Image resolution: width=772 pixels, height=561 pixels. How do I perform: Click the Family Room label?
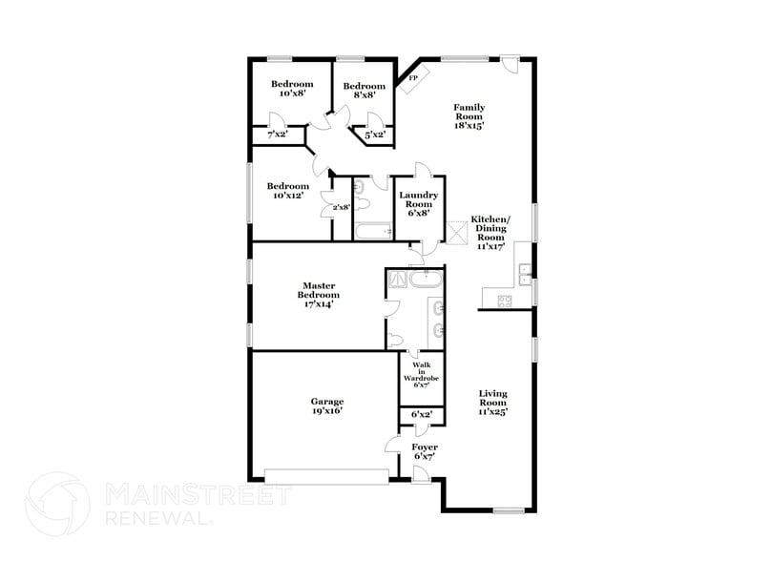[x=469, y=116]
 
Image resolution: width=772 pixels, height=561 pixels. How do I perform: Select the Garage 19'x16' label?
[x=326, y=406]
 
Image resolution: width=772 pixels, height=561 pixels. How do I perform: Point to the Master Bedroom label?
[x=321, y=295]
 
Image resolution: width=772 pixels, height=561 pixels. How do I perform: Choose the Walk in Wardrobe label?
[x=421, y=376]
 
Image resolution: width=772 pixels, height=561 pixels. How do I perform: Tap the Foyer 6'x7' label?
[x=424, y=452]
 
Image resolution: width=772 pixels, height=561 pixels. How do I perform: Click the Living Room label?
[x=492, y=403]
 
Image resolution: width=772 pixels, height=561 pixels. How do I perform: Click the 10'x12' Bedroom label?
[x=287, y=192]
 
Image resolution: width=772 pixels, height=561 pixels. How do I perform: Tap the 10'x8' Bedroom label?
[x=291, y=89]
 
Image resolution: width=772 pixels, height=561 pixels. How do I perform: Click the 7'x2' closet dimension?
[x=277, y=135]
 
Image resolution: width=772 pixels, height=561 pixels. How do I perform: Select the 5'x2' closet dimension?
[x=375, y=135]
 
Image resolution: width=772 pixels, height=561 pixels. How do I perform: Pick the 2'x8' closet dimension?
[x=340, y=207]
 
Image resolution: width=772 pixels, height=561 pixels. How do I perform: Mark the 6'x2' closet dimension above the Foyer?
[x=421, y=415]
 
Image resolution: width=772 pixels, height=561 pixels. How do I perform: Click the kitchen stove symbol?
[x=503, y=301]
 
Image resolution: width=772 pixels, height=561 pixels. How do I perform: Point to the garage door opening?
[x=326, y=474]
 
